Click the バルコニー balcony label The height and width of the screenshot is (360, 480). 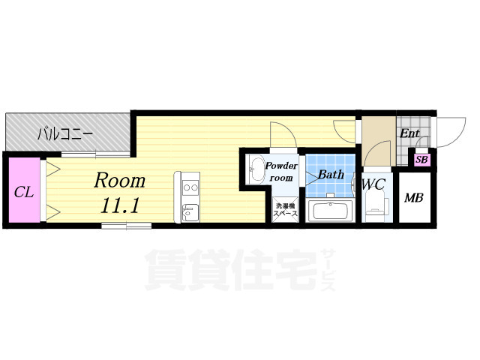click(64, 134)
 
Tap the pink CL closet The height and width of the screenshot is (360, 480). click(24, 190)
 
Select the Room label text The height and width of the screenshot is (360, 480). click(119, 180)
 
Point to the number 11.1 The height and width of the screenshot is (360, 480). click(120, 205)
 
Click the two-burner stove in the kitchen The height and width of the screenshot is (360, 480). click(190, 187)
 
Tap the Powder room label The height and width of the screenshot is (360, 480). click(280, 172)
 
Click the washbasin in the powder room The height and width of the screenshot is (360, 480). click(256, 169)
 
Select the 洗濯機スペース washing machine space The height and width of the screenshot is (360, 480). click(285, 209)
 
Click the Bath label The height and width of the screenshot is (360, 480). click(331, 175)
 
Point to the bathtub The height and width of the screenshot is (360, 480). click(330, 210)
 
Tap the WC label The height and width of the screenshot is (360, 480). click(373, 184)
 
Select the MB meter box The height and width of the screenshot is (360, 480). click(414, 198)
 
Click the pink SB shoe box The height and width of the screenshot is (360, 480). click(421, 160)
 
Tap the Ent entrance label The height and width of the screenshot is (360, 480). click(409, 133)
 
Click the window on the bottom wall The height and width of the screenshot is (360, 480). click(127, 226)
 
